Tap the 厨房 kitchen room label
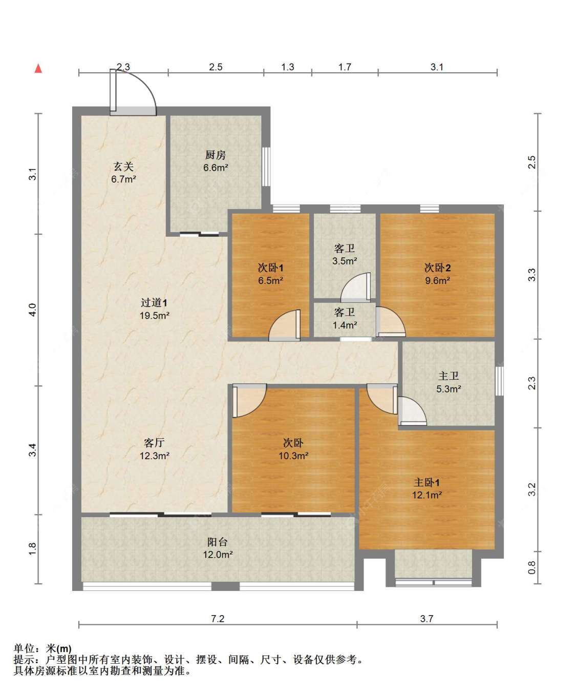(x=216, y=155)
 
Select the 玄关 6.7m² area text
(x=124, y=179)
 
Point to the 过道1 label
(x=154, y=302)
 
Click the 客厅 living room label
(x=154, y=443)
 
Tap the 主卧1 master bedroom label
(x=426, y=482)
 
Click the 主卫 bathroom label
(x=449, y=376)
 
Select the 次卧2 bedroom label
(x=437, y=268)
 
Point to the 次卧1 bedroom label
(x=270, y=268)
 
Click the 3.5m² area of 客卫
(x=345, y=261)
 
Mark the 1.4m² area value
(x=345, y=325)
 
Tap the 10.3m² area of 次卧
(x=293, y=456)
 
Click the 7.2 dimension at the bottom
(x=218, y=619)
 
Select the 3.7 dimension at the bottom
(x=426, y=619)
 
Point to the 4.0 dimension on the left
(x=32, y=310)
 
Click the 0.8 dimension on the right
(x=532, y=567)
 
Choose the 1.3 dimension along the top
(x=288, y=67)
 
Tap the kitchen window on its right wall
(x=266, y=167)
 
